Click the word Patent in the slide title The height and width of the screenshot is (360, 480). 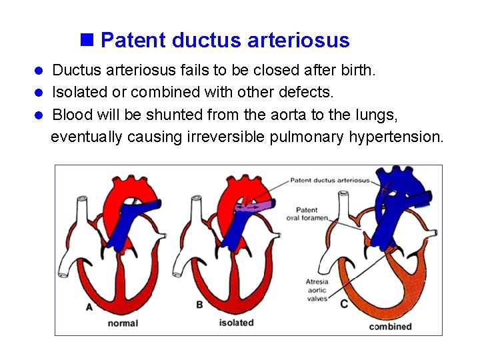click(133, 40)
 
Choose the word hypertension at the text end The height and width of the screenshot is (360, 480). click(403, 137)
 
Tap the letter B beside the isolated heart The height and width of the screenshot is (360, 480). click(200, 305)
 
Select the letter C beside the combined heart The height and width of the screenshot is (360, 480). click(344, 304)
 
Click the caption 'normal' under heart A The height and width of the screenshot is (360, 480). click(122, 323)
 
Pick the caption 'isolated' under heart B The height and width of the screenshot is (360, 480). click(236, 323)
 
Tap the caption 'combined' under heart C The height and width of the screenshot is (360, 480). click(390, 327)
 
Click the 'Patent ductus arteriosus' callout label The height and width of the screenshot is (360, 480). click(330, 180)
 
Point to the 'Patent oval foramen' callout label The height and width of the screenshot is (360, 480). click(312, 214)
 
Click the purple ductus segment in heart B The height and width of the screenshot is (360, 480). click(263, 207)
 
